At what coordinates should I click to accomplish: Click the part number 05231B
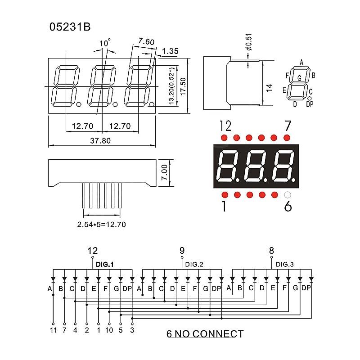click(70, 27)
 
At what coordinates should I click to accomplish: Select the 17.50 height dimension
click(182, 84)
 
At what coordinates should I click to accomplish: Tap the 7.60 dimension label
click(146, 42)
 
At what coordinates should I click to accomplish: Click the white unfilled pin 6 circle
click(288, 195)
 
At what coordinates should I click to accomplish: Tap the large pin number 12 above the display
click(225, 126)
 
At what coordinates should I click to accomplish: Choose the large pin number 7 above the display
click(288, 126)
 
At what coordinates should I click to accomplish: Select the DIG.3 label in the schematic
click(284, 265)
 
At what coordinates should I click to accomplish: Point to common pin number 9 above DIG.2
click(182, 251)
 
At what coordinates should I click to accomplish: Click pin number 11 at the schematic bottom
click(53, 330)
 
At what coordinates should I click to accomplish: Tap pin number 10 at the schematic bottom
click(109, 330)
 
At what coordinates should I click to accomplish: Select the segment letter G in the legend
click(299, 78)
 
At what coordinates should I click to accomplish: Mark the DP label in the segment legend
click(309, 104)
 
